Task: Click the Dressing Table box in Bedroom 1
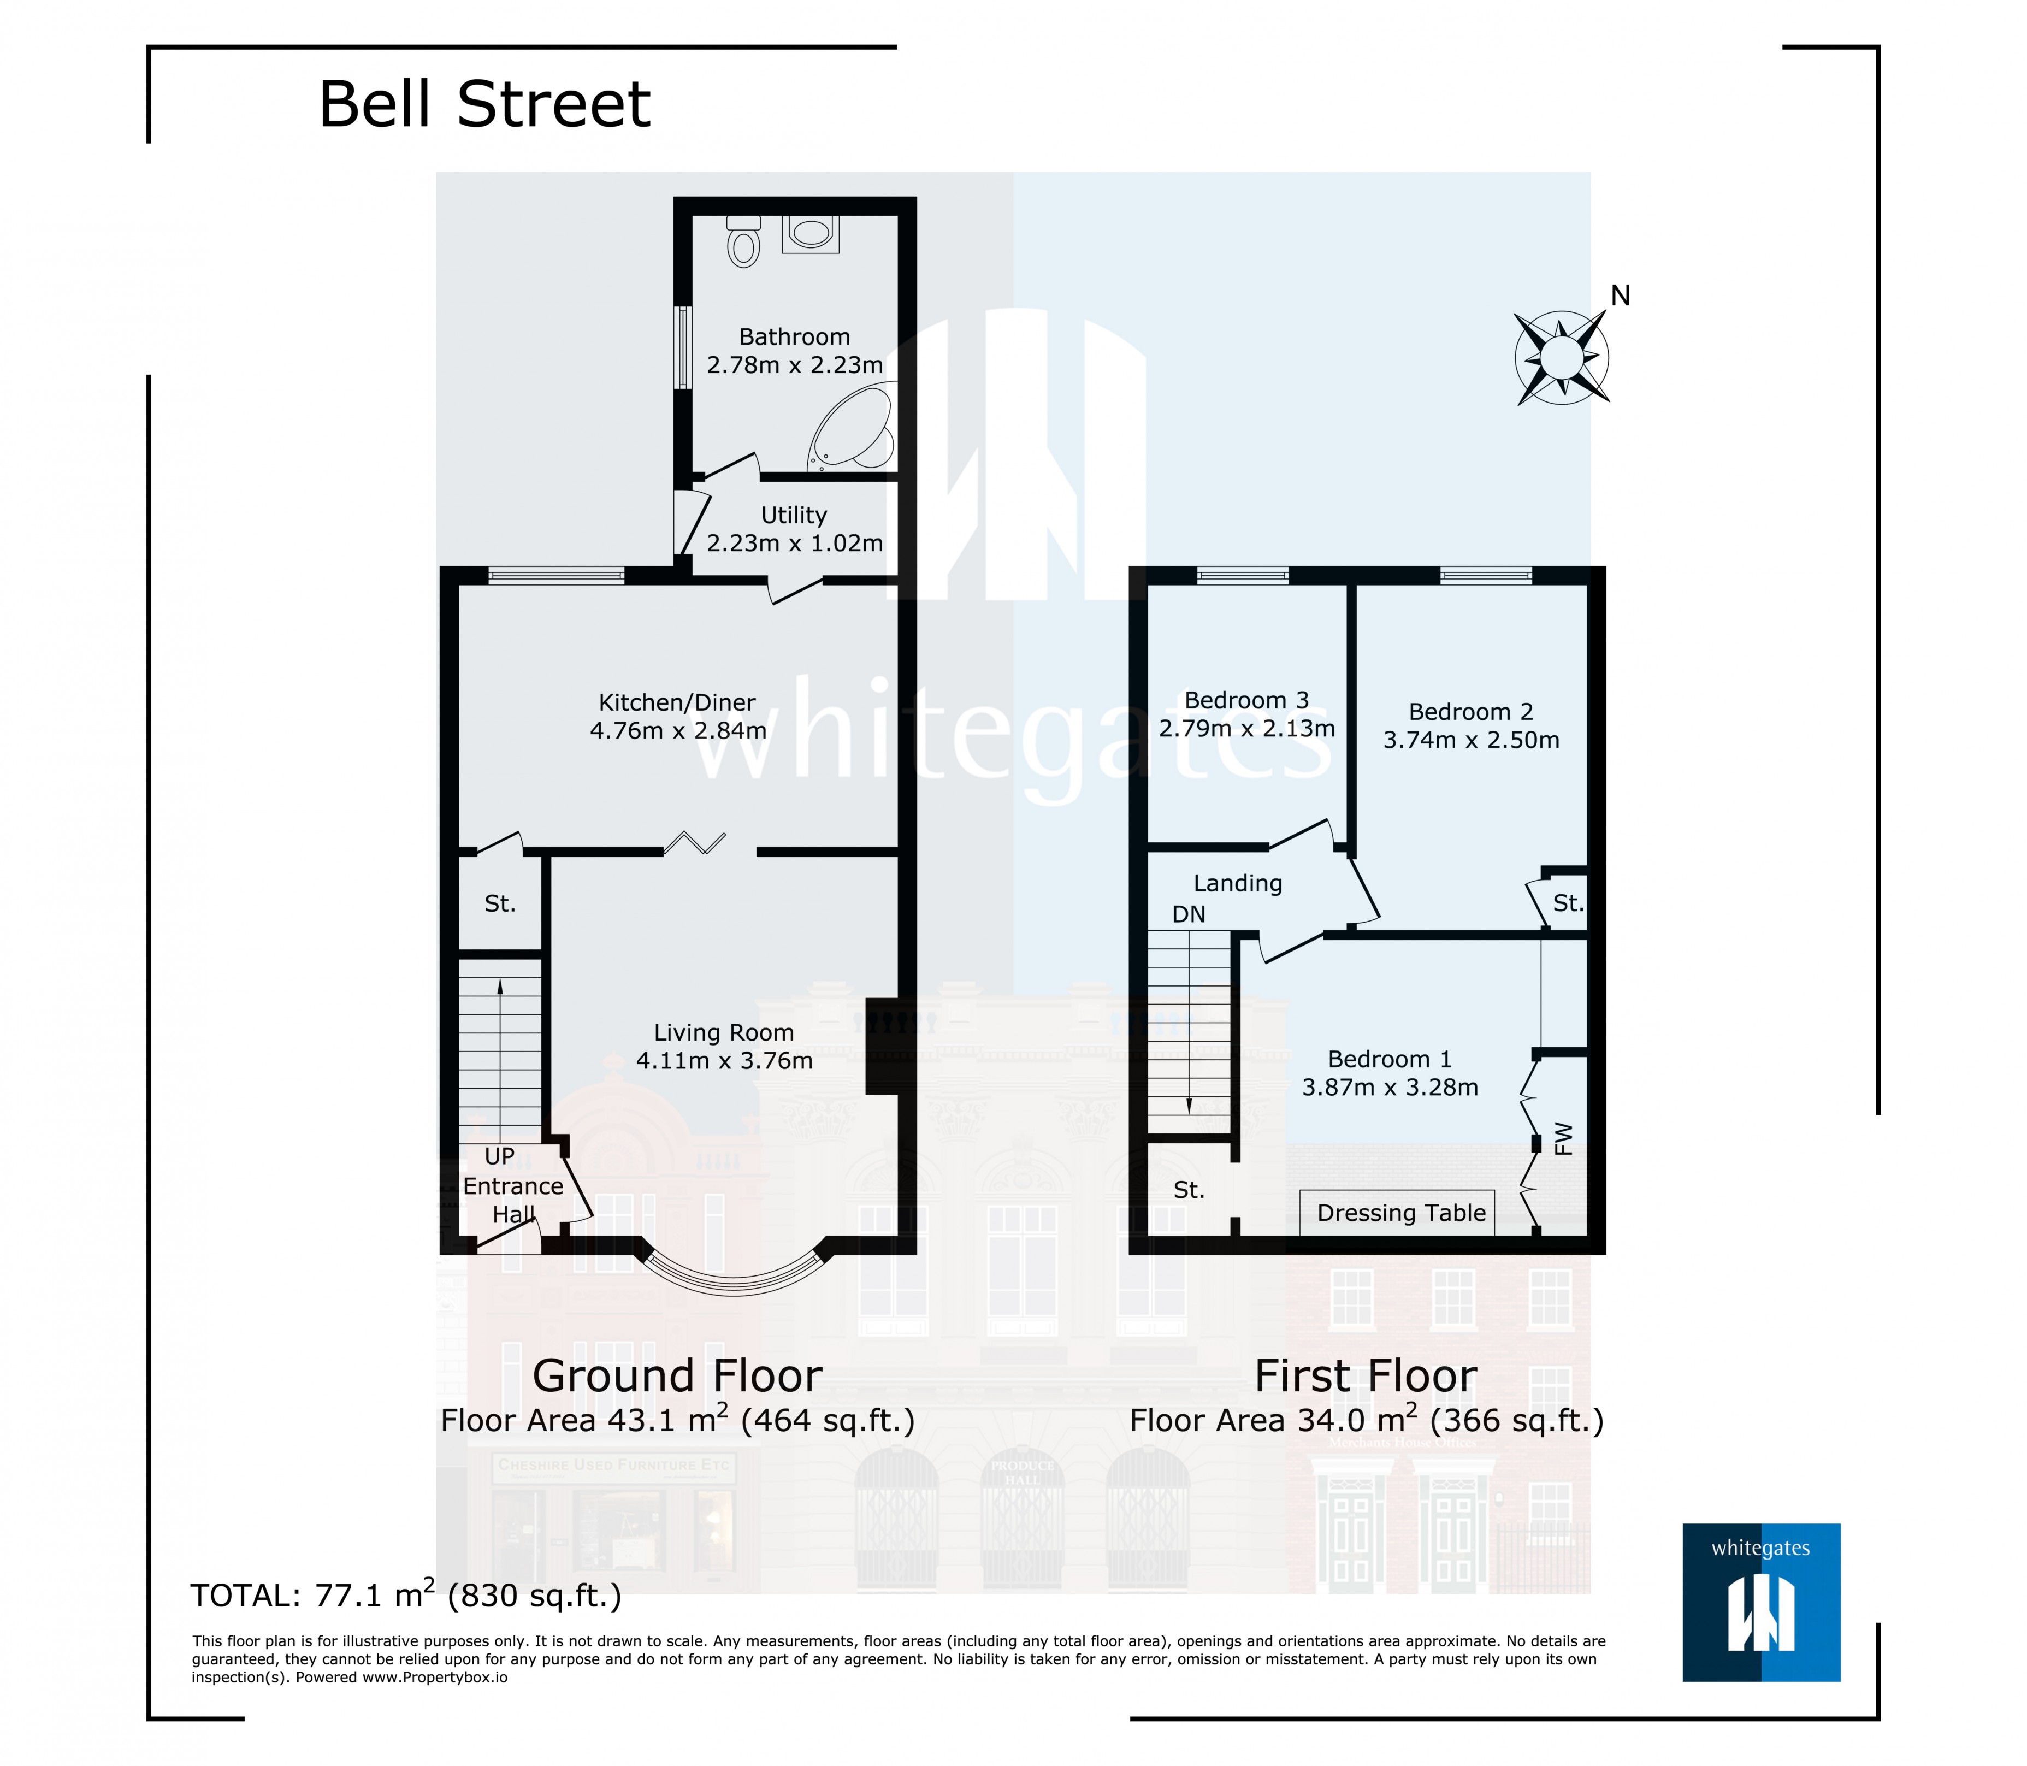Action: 1400,1213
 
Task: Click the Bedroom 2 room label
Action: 1470,712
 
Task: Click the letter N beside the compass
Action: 1620,296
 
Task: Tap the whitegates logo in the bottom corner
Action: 1761,1603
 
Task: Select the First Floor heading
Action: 1365,1377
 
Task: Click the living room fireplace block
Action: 879,1047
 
